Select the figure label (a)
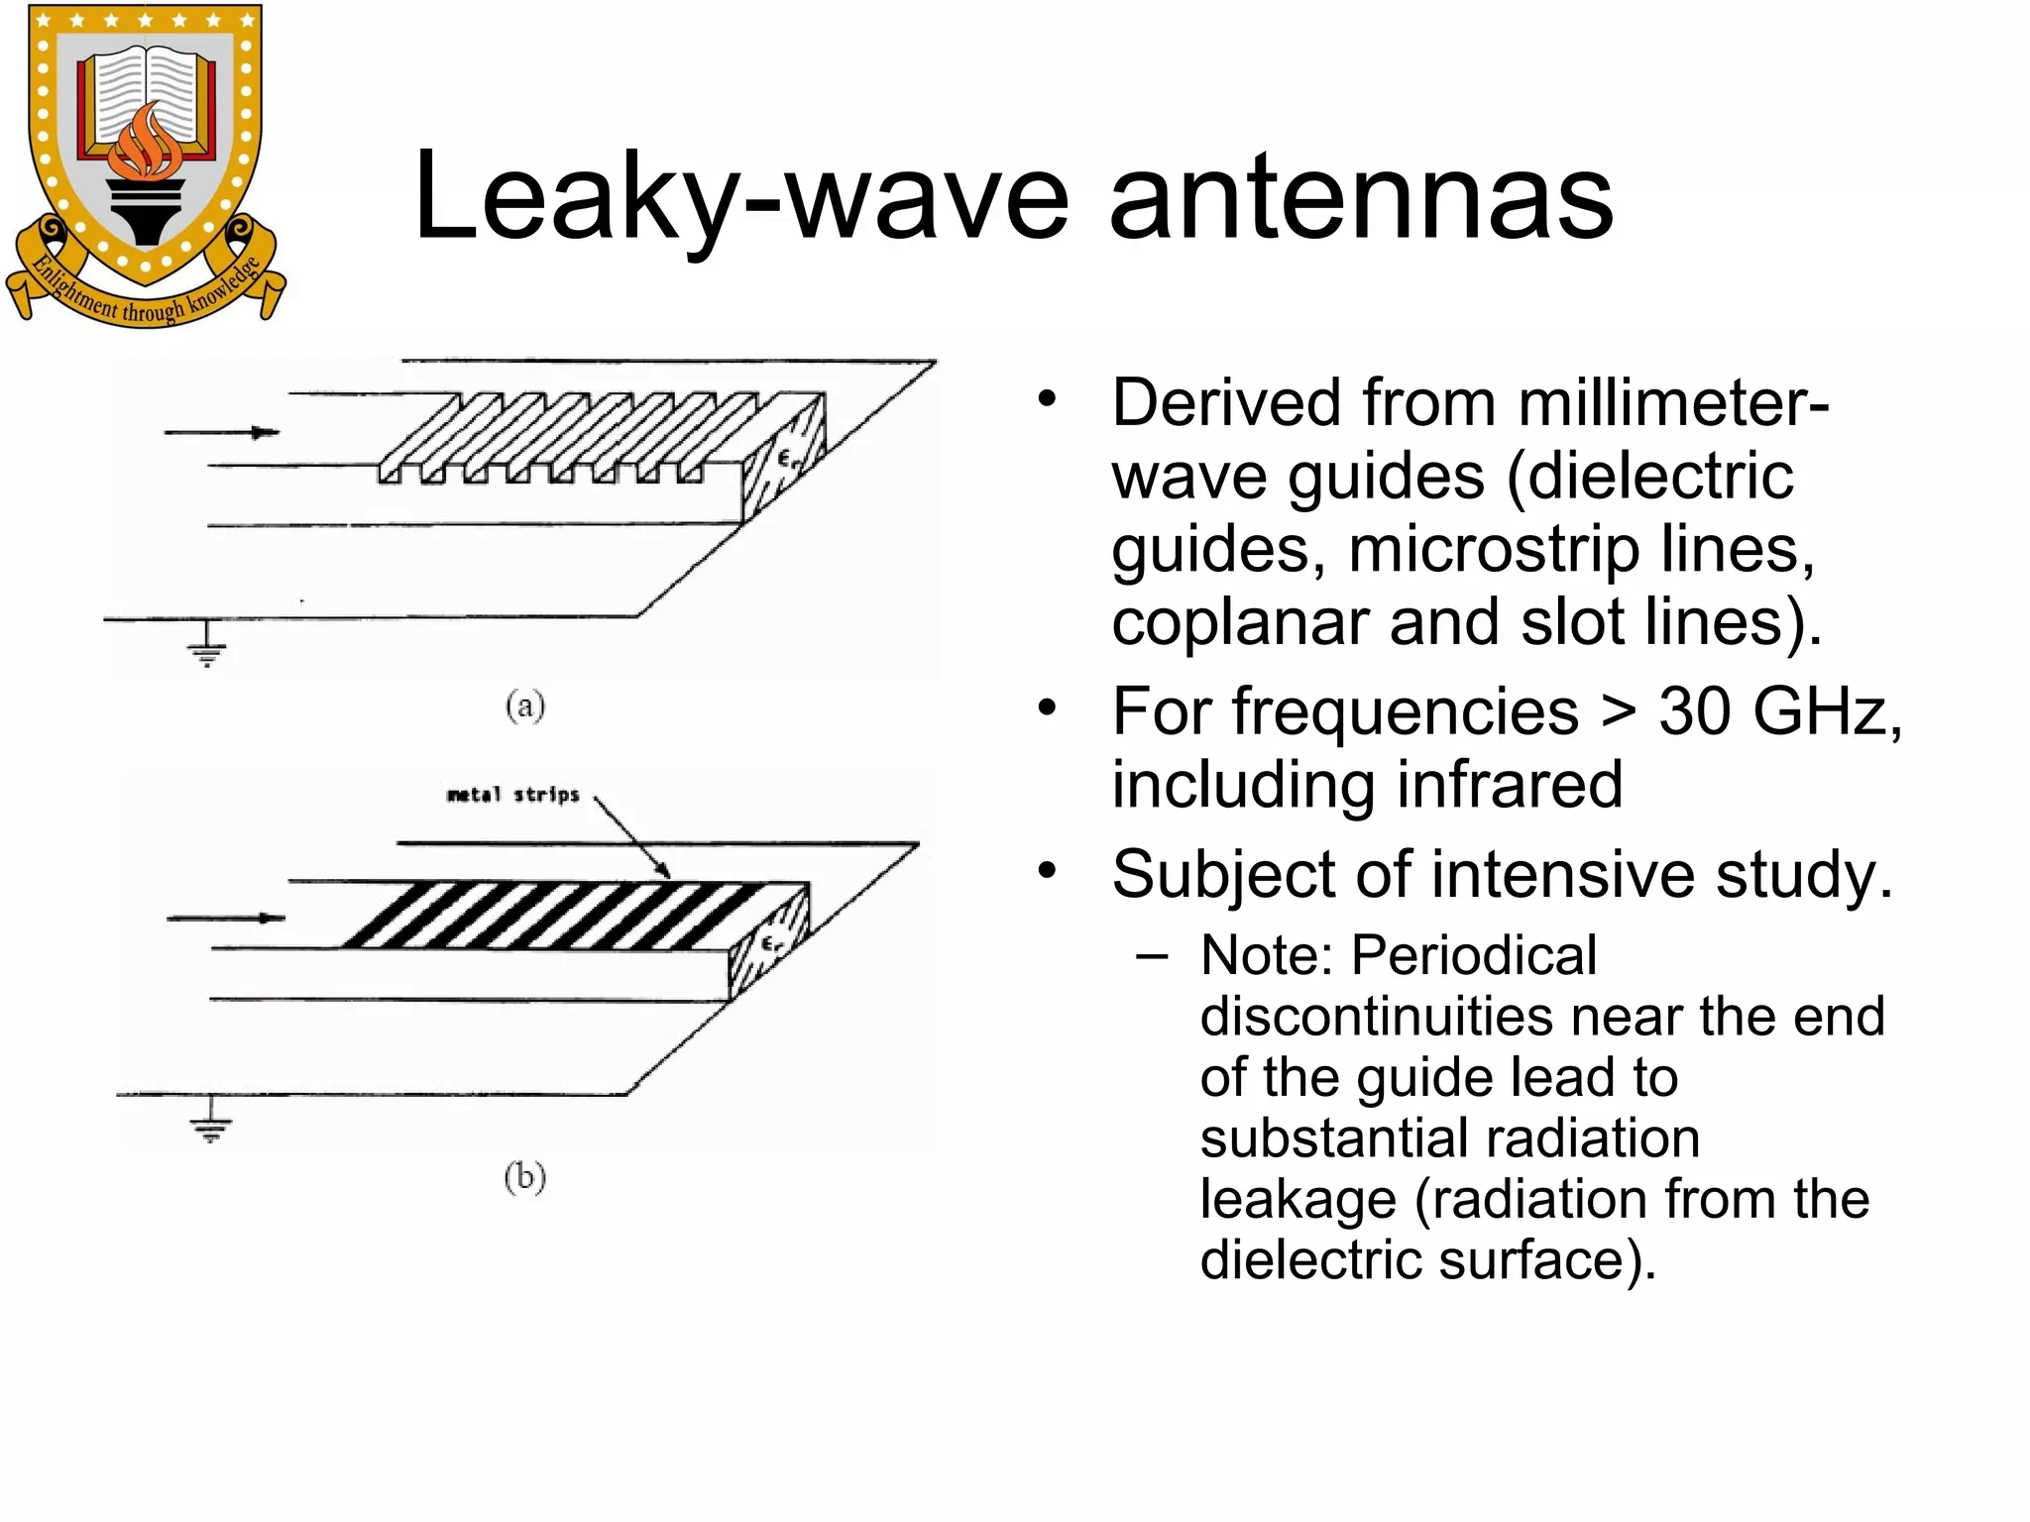pyautogui.click(x=524, y=706)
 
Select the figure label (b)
pyautogui.click(x=524, y=1177)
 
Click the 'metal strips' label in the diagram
pyautogui.click(x=512, y=795)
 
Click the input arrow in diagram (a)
pyautogui.click(x=222, y=432)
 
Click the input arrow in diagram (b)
pyautogui.click(x=226, y=919)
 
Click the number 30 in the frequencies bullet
pyautogui.click(x=1694, y=711)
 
